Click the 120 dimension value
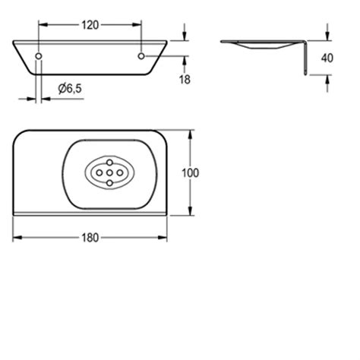pyautogui.click(x=90, y=24)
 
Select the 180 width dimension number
pyautogui.click(x=90, y=237)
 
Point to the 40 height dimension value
pyautogui.click(x=327, y=58)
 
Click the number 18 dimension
pyautogui.click(x=185, y=78)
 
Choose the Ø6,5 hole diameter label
pyautogui.click(x=70, y=89)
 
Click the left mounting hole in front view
pyautogui.click(x=39, y=57)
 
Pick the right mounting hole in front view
pyautogui.click(x=141, y=57)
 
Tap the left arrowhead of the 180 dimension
pyautogui.click(x=16, y=237)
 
